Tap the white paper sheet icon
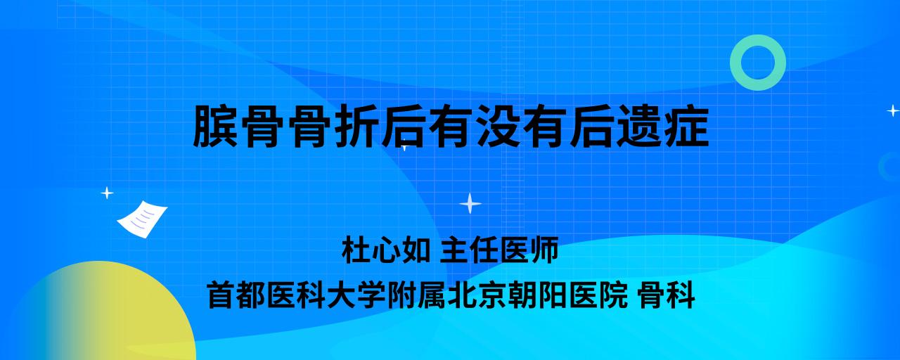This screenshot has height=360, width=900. (x=142, y=219)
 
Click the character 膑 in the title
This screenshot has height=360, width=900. (x=216, y=127)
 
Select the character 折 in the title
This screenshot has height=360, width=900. (x=356, y=127)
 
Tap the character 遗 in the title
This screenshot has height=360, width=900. (x=640, y=127)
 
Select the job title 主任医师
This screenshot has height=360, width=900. (x=499, y=250)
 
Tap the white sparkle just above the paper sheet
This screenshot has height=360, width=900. (x=107, y=193)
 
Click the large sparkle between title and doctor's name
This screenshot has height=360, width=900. (x=470, y=204)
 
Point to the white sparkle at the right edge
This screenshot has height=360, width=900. (x=893, y=110)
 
